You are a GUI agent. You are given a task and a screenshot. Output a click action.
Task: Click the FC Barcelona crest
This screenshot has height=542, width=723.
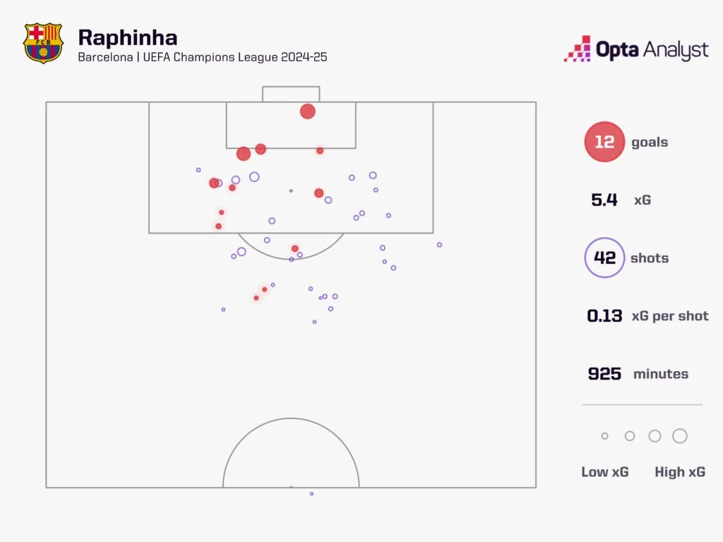point(43,44)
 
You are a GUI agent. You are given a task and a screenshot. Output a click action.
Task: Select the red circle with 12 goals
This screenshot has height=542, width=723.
point(604,142)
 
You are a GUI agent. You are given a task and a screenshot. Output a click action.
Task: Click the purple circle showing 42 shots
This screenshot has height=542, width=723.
point(604,258)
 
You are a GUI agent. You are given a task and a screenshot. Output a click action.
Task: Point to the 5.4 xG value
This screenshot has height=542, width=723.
point(604,200)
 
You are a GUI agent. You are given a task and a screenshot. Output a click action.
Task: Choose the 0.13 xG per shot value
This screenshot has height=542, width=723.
point(604,315)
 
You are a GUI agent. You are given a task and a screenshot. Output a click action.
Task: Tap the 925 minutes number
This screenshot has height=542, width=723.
point(604,373)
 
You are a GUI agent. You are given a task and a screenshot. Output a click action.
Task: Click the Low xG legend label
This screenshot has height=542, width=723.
point(604,472)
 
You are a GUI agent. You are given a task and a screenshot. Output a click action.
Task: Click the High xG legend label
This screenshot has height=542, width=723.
point(679,472)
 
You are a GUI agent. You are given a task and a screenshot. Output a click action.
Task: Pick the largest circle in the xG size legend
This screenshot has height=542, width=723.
point(680,436)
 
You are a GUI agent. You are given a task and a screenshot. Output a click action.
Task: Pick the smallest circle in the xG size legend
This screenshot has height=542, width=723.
point(604,436)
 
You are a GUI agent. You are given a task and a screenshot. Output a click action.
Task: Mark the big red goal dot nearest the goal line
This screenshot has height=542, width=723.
point(307,111)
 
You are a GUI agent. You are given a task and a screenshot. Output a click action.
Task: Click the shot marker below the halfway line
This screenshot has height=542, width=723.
point(311,493)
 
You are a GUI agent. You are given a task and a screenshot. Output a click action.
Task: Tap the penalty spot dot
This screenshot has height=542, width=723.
point(290,191)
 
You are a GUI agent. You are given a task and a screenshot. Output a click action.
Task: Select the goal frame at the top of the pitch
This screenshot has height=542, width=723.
point(291,94)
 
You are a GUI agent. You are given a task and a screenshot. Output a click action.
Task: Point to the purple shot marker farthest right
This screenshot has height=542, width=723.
point(439,245)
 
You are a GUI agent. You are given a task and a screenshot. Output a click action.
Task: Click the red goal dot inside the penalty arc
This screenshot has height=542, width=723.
point(295,248)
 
